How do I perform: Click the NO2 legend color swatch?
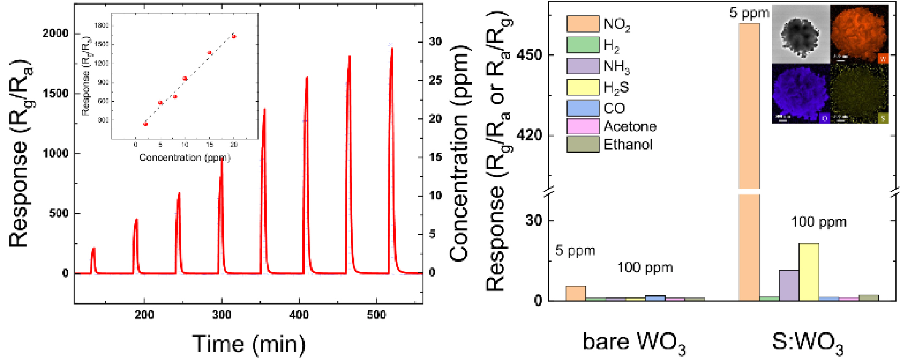pos(583,24)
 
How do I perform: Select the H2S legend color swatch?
pos(583,87)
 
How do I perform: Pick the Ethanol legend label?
pos(628,145)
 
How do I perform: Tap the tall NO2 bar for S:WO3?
pos(749,106)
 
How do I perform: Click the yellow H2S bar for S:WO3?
pos(809,272)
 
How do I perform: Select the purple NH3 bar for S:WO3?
pos(789,285)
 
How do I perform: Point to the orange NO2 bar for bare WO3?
pos(576,294)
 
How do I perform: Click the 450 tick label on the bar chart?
pos(529,55)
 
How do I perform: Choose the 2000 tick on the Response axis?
pos(55,33)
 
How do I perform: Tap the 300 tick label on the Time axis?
pos(221,315)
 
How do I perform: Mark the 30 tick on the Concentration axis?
pos(435,42)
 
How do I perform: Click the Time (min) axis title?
pos(248,343)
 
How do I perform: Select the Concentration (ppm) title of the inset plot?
pos(185,158)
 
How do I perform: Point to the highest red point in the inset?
pos(234,36)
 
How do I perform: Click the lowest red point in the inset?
pos(145,124)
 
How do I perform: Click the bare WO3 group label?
pos(633,342)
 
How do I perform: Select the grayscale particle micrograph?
pos(801,34)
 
